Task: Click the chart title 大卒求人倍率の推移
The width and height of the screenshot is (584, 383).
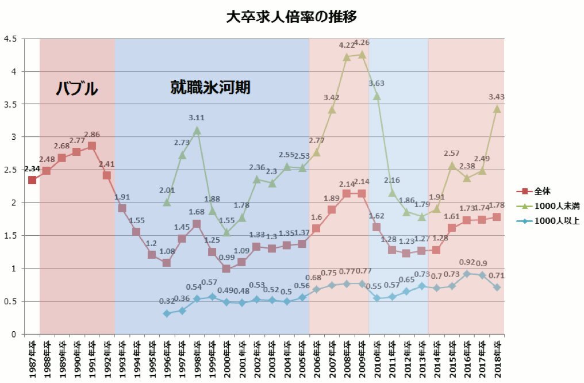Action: coord(292,17)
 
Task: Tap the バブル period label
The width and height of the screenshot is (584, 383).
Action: coord(76,89)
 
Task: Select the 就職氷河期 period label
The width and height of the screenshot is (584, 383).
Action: coord(211,87)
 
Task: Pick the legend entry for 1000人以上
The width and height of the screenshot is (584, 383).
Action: coord(548,220)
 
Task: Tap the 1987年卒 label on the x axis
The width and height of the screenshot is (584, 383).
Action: coord(32,358)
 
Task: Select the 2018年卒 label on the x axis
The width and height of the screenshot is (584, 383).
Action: coord(497,358)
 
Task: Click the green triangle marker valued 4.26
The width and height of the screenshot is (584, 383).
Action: coord(362,54)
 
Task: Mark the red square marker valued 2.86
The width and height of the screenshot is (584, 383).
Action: coord(92,146)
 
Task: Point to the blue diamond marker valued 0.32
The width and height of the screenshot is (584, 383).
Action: coord(167,313)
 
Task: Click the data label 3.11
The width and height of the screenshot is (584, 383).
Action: coord(197,118)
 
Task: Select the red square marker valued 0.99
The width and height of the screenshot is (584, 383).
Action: coord(226,269)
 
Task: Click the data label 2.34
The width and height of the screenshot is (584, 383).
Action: coord(32,168)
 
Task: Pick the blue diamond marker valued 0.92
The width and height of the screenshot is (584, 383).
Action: coord(467,274)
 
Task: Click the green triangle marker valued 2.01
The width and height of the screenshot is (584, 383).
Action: coord(167,202)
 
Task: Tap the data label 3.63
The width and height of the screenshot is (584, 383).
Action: coord(377,83)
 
